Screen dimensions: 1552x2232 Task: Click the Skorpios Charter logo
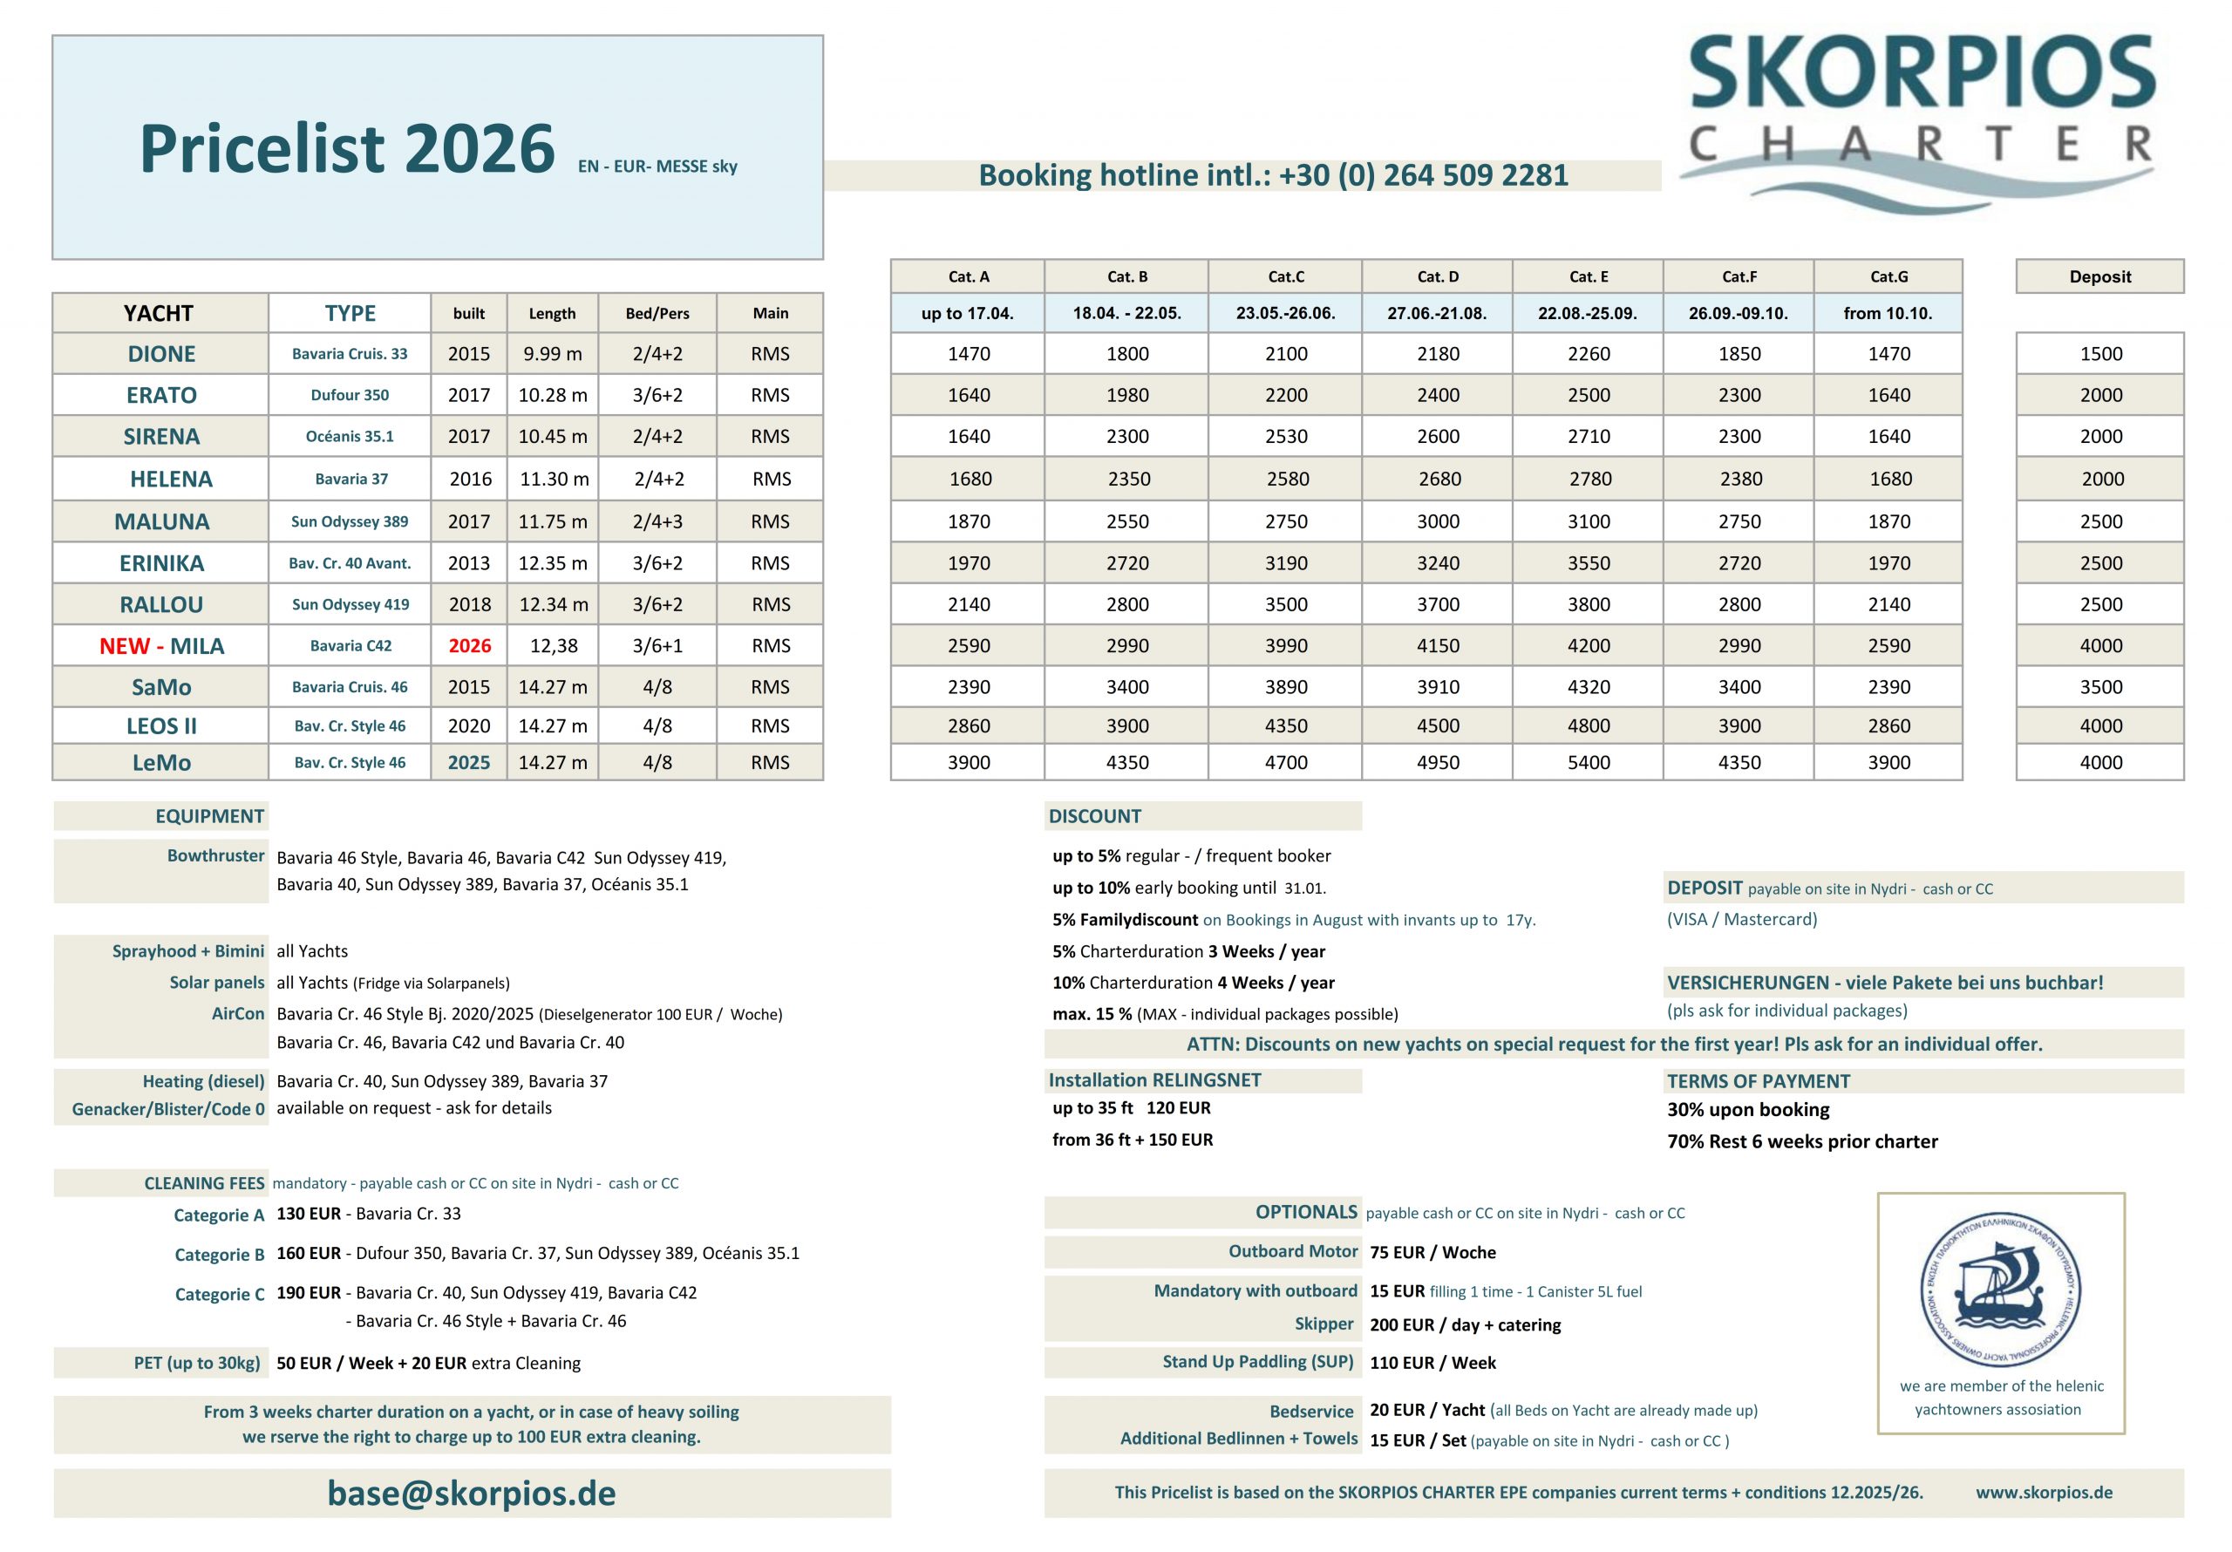tap(1920, 117)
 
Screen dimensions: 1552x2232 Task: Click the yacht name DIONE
tap(161, 354)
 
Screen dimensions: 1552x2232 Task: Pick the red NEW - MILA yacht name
tap(161, 646)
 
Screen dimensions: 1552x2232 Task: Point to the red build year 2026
tap(470, 646)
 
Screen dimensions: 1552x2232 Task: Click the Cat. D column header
tap(1437, 276)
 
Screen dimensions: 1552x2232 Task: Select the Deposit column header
tap(2099, 276)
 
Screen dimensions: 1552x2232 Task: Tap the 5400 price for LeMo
tap(1589, 762)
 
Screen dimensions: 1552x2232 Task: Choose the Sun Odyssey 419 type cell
tap(350, 604)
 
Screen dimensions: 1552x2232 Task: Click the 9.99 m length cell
tap(552, 354)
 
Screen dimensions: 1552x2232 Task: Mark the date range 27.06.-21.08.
tap(1437, 313)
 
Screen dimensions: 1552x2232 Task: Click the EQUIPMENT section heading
tap(209, 816)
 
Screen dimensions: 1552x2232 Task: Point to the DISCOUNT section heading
tap(1094, 816)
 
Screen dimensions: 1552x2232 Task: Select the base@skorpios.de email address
tap(472, 1493)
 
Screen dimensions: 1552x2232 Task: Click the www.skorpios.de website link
tap(2044, 1492)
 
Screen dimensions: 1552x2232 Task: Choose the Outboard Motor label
tap(1292, 1251)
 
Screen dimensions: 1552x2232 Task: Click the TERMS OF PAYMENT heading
tap(1758, 1081)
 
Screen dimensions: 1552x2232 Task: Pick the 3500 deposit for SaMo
tap(2100, 686)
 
